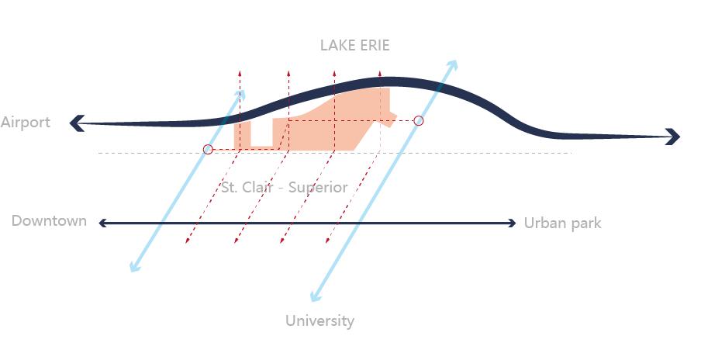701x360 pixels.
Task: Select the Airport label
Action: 26,123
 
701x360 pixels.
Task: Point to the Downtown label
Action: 49,220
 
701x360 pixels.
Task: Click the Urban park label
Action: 562,223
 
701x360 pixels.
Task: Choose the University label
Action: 319,320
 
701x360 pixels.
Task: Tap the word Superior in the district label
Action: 318,187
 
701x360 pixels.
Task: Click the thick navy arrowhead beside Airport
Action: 78,123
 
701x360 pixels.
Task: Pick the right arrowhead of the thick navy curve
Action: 673,137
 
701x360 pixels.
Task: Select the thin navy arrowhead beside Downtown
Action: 102,223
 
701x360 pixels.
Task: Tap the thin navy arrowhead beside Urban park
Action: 513,223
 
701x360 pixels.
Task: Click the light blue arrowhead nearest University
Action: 315,296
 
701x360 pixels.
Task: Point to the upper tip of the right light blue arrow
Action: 455,61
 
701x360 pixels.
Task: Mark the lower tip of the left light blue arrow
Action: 132,269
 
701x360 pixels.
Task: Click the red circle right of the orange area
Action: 419,120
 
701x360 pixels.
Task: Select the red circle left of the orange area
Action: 208,150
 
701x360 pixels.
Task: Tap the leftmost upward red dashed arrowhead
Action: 240,73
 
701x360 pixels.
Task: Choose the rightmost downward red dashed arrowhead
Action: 328,241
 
